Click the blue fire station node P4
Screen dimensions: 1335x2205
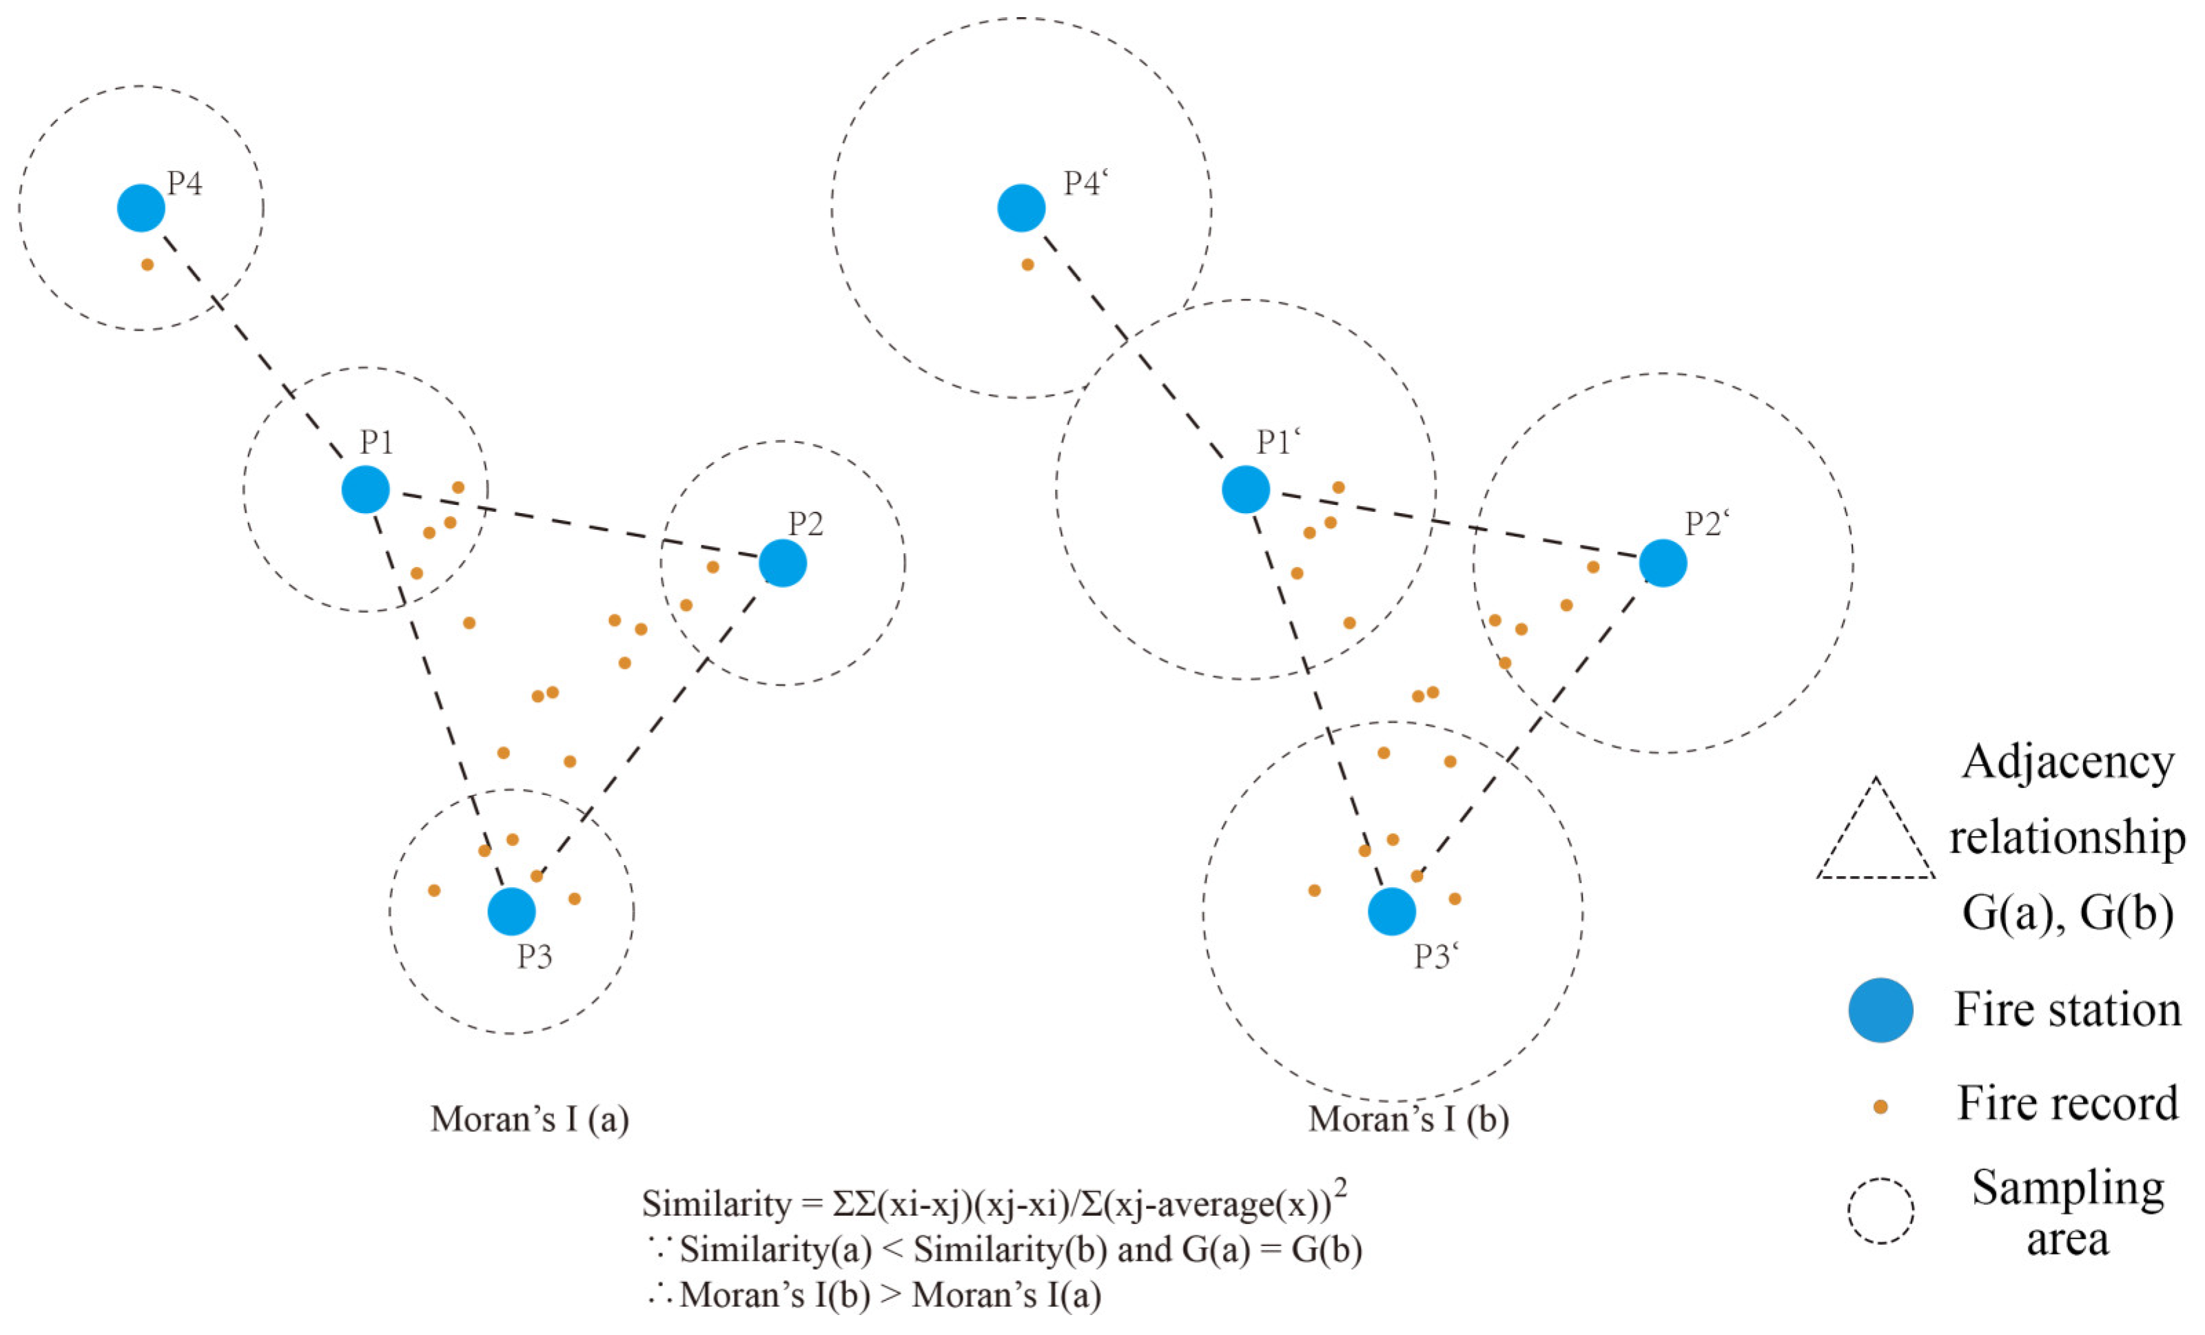(141, 207)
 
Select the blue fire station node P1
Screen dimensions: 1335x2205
(365, 490)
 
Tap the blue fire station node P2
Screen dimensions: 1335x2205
(783, 563)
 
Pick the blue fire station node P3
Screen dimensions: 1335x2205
(511, 912)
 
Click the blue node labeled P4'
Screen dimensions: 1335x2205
(1021, 207)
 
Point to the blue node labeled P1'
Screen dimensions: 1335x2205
(1246, 490)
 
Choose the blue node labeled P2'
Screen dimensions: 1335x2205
(1663, 563)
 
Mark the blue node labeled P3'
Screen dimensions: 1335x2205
(1391, 912)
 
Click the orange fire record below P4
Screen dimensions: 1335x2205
(147, 265)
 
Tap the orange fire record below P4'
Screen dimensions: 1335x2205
(1027, 265)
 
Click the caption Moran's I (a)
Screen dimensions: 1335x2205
(530, 1119)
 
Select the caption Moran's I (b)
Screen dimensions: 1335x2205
(1408, 1119)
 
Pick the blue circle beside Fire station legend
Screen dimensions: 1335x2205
(1880, 1010)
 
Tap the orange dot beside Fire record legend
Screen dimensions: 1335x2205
(1880, 1107)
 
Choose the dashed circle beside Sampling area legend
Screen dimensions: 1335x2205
(1880, 1210)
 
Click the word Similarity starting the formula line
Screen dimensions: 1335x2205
(716, 1204)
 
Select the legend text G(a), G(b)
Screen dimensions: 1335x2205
(2067, 913)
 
